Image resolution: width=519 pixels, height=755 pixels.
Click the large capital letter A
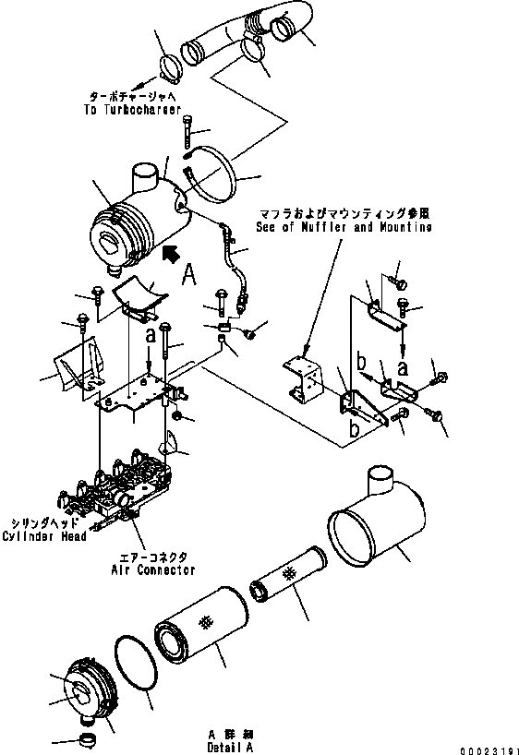coord(187,274)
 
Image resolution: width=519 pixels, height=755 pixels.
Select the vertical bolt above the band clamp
coord(189,131)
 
